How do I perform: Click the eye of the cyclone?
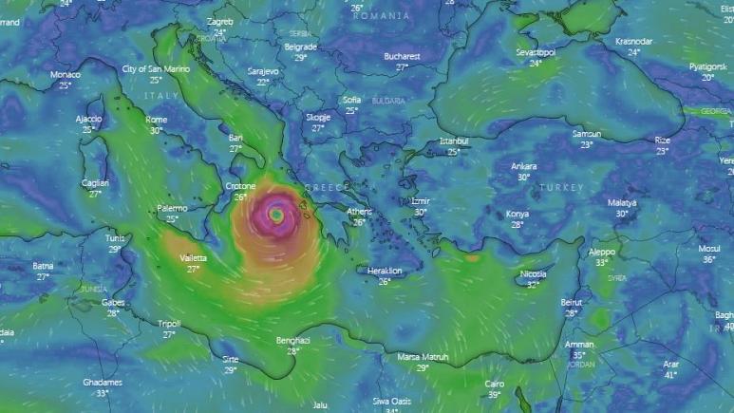click(x=275, y=216)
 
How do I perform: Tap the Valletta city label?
click(x=193, y=258)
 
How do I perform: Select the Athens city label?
click(x=360, y=212)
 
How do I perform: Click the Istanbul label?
click(x=454, y=141)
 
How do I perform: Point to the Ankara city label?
click(x=523, y=166)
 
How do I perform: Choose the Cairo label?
click(x=494, y=384)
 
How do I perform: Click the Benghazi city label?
click(x=292, y=340)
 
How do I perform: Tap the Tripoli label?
click(x=169, y=324)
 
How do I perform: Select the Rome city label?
click(x=157, y=120)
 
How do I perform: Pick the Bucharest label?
click(x=402, y=56)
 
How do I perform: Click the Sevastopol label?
click(x=535, y=51)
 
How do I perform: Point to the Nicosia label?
click(x=533, y=274)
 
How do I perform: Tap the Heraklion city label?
click(x=385, y=271)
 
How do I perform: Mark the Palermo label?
click(x=172, y=208)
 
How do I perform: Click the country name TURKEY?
click(x=561, y=188)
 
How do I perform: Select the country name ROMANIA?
click(x=381, y=16)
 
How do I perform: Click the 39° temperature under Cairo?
click(x=494, y=395)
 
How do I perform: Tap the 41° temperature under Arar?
click(x=670, y=375)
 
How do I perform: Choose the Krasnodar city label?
click(x=633, y=42)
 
